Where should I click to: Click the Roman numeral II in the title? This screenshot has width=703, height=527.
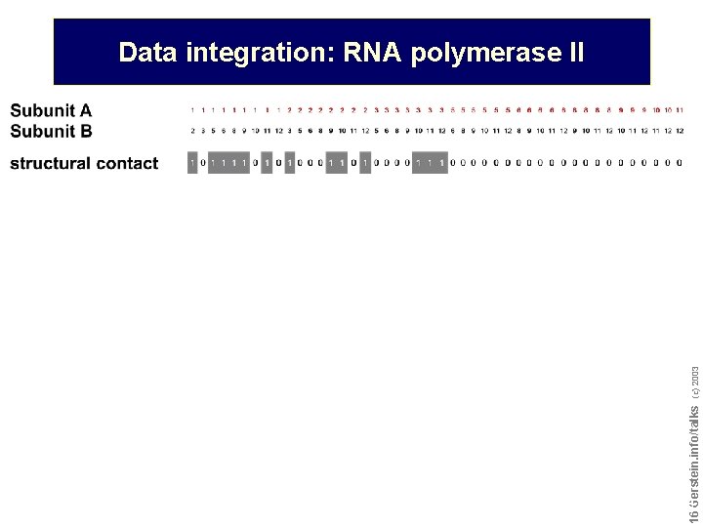[x=575, y=53]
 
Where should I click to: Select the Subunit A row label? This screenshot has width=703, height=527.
[x=51, y=111]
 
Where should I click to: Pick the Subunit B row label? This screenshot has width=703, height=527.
[x=51, y=130]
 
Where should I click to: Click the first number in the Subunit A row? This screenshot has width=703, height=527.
[x=192, y=110]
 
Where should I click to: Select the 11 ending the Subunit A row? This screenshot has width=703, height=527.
[x=679, y=110]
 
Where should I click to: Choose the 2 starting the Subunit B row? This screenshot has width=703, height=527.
[x=192, y=130]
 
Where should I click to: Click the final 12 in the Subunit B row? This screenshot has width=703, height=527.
[x=679, y=130]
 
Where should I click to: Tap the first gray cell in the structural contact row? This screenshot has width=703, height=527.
[x=192, y=163]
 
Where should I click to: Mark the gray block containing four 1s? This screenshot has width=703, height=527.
[x=227, y=163]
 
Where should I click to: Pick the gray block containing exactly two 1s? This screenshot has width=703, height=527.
[x=337, y=163]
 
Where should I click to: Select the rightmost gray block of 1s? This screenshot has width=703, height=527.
[x=430, y=163]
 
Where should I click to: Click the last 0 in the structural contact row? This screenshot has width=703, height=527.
[x=680, y=163]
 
